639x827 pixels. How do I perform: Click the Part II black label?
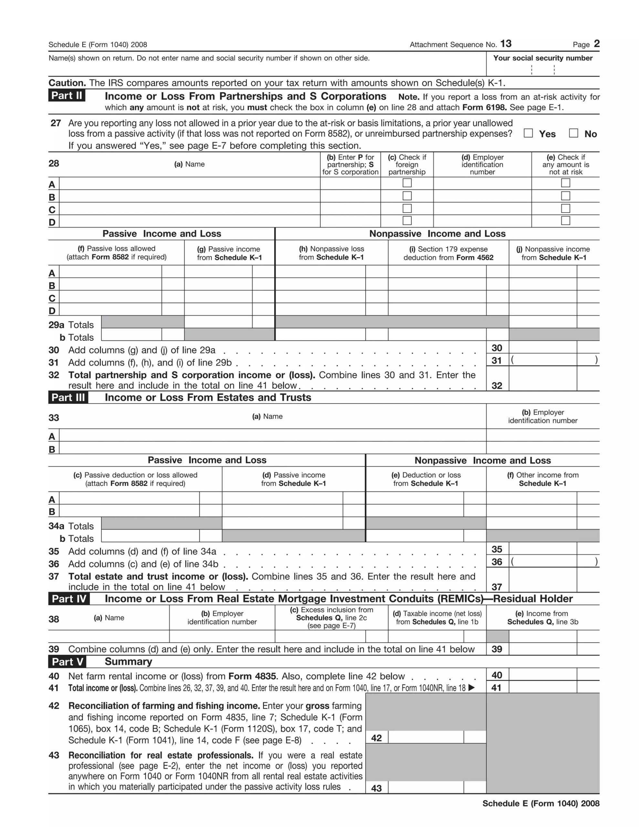(67, 95)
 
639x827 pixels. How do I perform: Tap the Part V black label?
(67, 662)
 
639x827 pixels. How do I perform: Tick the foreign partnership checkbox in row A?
(407, 183)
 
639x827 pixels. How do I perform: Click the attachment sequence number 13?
(506, 44)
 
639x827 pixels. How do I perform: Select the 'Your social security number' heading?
(542, 58)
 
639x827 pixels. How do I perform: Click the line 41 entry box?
(542, 687)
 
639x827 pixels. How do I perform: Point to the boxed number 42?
(376, 738)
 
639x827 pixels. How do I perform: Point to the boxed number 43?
(376, 788)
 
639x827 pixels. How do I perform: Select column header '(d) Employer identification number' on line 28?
(482, 164)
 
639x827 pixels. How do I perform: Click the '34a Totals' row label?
(71, 526)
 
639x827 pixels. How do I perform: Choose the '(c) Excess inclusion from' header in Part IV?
(331, 610)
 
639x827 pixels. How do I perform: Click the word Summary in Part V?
(128, 662)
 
